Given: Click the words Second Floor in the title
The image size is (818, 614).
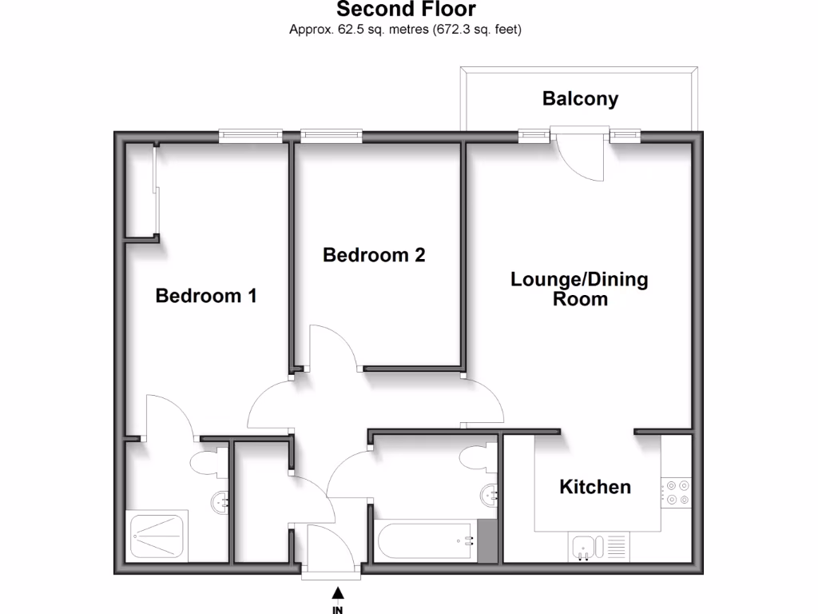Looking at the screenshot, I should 406,10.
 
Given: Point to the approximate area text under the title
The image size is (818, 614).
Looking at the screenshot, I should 406,30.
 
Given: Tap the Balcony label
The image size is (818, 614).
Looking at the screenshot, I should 580,99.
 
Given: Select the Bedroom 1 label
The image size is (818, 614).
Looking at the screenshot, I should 206,296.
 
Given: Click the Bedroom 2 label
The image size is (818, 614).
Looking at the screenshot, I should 374,255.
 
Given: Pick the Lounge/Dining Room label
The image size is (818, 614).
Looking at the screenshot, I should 579,289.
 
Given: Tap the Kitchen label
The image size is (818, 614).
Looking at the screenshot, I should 595,487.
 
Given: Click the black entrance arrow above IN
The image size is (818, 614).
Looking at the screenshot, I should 338,592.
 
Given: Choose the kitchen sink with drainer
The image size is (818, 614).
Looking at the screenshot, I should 599,548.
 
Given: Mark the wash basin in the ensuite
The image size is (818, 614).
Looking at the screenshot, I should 221,502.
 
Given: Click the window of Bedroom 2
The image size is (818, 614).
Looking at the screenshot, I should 331,137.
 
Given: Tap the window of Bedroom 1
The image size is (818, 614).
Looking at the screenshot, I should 251,137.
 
